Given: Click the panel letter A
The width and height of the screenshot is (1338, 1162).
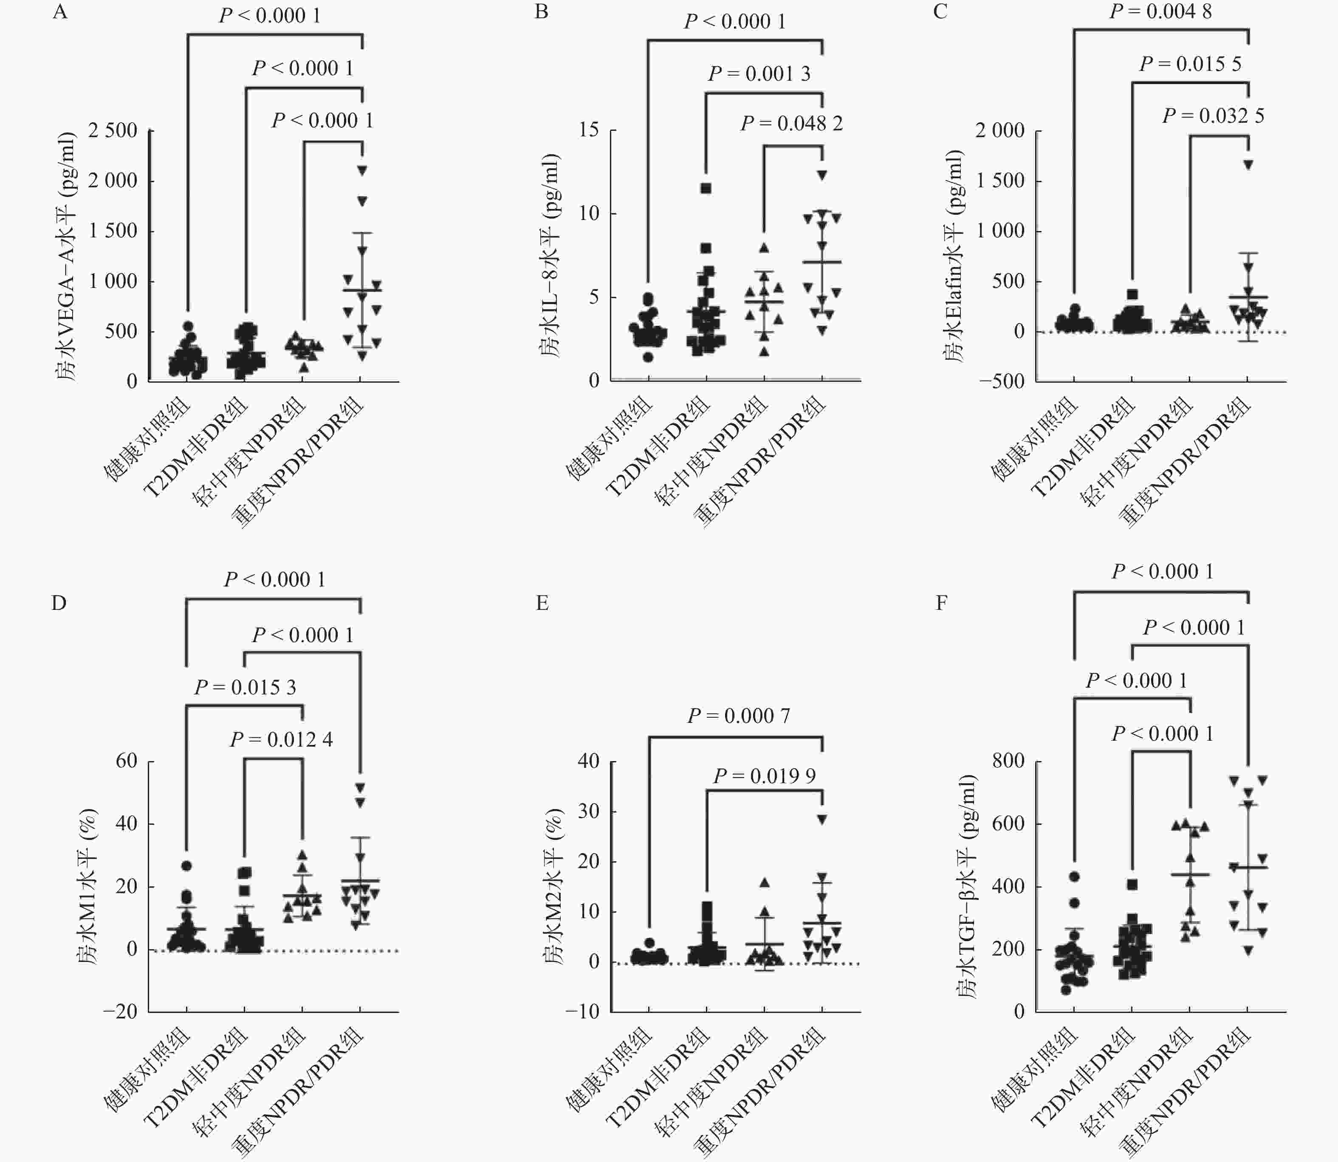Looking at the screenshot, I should coord(59,12).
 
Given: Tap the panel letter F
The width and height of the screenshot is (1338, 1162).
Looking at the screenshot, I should coord(941,604).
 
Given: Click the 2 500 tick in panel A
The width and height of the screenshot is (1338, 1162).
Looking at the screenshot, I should coord(113,130).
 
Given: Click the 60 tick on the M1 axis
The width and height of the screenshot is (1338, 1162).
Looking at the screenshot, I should coord(127,761).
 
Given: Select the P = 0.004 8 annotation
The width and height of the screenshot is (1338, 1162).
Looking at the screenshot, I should coord(1160,11).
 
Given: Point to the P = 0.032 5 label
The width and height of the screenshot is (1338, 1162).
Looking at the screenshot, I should coord(1213,116).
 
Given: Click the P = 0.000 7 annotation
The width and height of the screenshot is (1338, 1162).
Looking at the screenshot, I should coord(739,716).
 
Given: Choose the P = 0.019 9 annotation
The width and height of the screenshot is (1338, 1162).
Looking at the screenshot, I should coord(764,776).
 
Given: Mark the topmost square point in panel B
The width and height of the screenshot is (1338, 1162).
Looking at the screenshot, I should coord(706,189).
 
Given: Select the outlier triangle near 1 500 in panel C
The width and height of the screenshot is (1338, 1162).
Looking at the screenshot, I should coord(1248,165).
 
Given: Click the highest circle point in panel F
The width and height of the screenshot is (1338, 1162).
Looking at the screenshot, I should coord(1074,877).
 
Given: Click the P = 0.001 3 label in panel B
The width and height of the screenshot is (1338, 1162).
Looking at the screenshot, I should coord(759,74).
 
